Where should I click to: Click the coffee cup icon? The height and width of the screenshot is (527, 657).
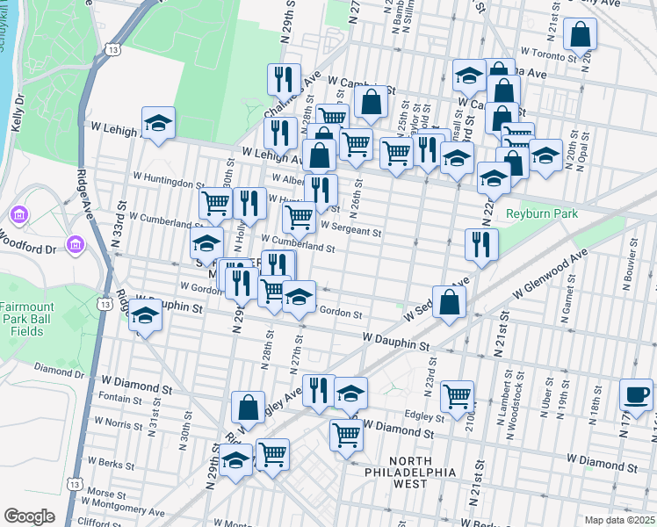pos(636,394)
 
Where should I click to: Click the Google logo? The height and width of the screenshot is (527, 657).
pos(30,516)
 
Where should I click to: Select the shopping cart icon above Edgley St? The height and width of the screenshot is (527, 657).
pos(458,396)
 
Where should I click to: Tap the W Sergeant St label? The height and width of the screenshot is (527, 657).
pos(350,233)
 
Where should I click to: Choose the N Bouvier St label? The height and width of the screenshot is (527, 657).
pos(630,288)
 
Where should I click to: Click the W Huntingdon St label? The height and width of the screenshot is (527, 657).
pos(170,183)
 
